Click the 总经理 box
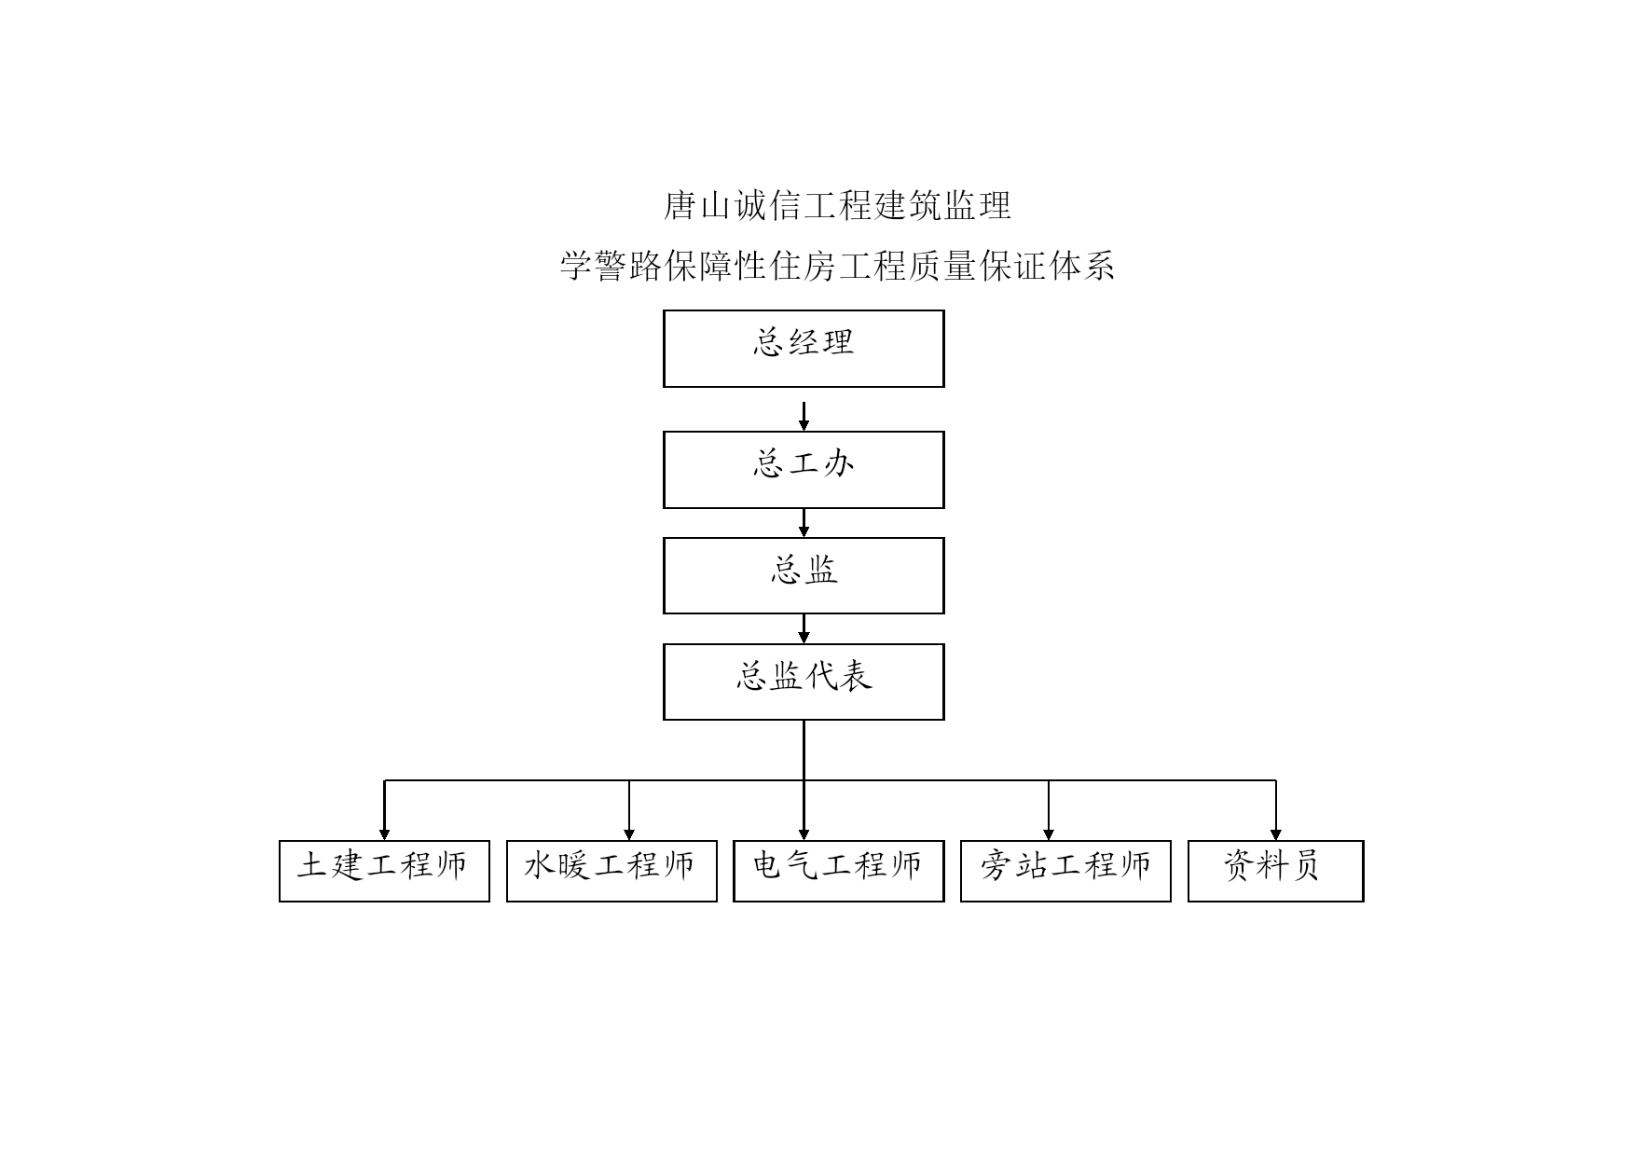804,349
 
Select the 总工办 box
804,470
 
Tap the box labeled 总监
804,575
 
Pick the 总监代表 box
804,682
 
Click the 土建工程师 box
384,871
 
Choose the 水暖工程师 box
611,871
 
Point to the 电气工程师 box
839,871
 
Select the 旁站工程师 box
1065,871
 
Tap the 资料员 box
1276,871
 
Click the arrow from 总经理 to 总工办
804,417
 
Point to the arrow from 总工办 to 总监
804,523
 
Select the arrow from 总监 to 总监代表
804,629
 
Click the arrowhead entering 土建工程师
384,834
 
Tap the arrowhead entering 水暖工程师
629,834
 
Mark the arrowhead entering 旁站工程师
1049,834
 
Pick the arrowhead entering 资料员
1276,834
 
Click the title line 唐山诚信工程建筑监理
837,206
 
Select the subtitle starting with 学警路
837,267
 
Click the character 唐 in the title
680,206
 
